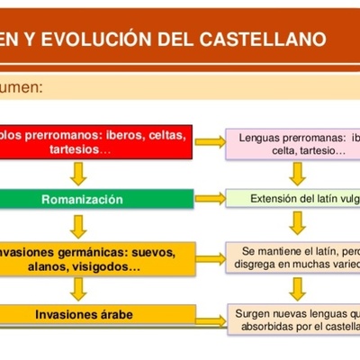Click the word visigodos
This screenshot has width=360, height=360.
coord(109,267)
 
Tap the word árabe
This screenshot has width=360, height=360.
coord(114,314)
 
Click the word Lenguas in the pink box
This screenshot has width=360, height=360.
coord(261,138)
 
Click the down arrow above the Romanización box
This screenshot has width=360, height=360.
coord(80,173)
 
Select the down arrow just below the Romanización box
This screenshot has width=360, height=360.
coord(80,224)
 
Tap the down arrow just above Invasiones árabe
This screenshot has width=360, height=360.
coord(80,289)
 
